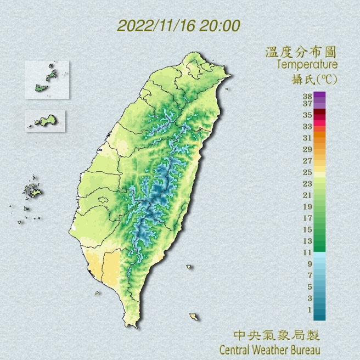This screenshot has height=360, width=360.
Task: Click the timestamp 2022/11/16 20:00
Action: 179,26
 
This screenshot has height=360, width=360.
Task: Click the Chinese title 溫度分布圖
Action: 300,53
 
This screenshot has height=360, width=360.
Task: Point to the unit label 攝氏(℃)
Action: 314,80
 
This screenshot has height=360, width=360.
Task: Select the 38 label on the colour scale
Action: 307,95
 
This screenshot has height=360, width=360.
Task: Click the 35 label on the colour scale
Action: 307,115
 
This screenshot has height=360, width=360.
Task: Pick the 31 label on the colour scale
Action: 307,137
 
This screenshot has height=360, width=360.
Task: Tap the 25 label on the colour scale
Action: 307,172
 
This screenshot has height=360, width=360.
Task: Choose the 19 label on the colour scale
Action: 307,206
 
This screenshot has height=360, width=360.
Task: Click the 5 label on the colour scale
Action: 309,286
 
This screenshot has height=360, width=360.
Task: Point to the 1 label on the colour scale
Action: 309,310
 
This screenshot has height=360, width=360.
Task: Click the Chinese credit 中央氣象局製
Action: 276,335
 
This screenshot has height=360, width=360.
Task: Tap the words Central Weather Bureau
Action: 269,348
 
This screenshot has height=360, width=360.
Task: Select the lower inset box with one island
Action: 45,121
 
